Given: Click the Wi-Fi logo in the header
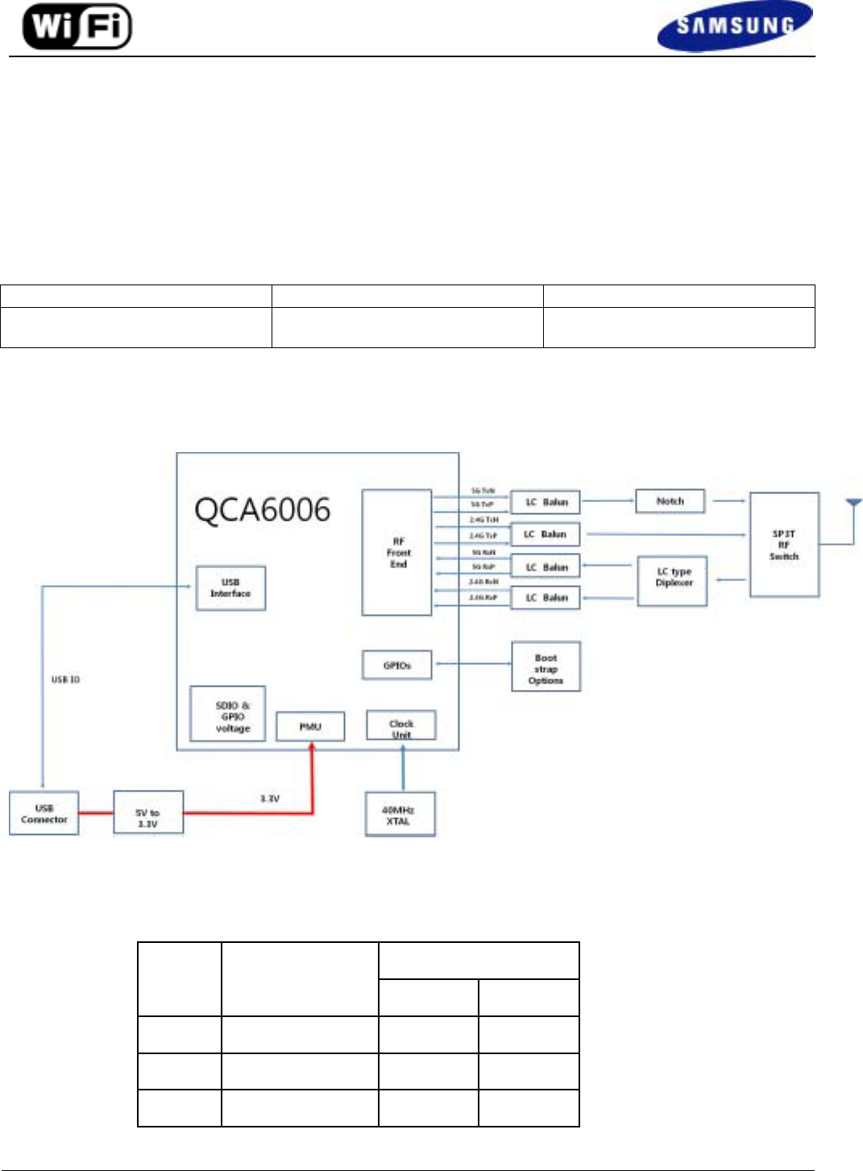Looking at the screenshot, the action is coord(77,27).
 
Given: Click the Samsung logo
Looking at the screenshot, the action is coord(734,27).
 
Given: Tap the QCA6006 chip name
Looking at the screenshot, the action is coord(262,510).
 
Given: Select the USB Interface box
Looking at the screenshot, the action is coord(230,588).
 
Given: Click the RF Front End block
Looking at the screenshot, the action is coord(397,553).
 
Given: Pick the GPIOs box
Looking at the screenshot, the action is coord(396,665).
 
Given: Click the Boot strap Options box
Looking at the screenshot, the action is coord(546,668).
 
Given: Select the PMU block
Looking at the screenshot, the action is coord(310,726).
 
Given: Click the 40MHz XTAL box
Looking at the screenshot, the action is coord(400,815).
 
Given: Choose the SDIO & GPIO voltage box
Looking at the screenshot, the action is coord(228,714).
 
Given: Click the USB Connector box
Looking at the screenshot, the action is coord(44,813).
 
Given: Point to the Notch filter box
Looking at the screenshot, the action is coord(670,501).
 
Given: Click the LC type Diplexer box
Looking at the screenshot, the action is coord(672,580).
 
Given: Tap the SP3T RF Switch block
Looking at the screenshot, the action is coord(784,545).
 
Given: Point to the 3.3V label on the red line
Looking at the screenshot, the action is coord(269,799).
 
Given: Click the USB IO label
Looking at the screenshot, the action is coord(66,679).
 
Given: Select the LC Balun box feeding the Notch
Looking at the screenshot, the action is coord(546,502).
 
